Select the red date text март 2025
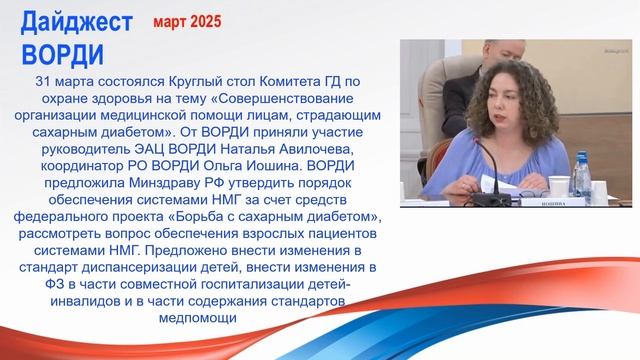click(x=187, y=20)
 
